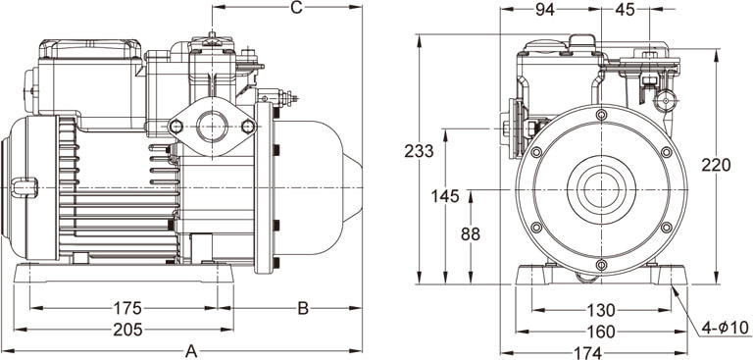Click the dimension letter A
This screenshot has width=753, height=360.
click(191, 351)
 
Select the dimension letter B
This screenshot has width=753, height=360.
click(303, 308)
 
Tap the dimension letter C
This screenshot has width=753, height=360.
click(297, 7)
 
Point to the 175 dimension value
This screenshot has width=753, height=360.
click(127, 308)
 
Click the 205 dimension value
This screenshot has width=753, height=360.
click(127, 330)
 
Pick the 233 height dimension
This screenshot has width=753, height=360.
click(419, 151)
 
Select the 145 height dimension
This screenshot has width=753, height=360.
click(445, 196)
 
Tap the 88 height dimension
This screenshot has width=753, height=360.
click(471, 234)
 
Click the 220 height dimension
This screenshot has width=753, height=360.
click(716, 165)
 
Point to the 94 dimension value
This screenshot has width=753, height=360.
click(545, 9)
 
